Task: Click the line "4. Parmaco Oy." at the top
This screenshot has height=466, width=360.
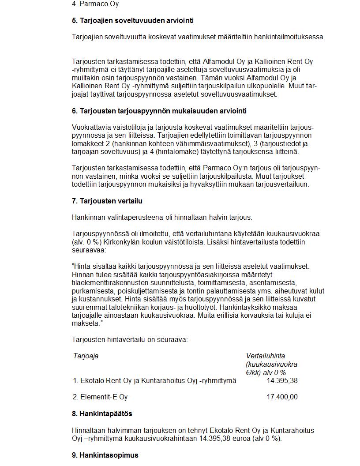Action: pyautogui.click(x=96, y=4)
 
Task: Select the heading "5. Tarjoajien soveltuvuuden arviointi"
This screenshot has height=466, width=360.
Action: pyautogui.click(x=132, y=20)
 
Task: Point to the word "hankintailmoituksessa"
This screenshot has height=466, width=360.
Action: pyautogui.click(x=289, y=37)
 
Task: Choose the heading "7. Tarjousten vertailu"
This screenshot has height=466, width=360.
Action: pyautogui.click(x=107, y=201)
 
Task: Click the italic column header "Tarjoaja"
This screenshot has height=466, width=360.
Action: pyautogui.click(x=86, y=356)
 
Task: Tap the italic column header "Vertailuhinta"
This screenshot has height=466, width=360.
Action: pyautogui.click(x=265, y=356)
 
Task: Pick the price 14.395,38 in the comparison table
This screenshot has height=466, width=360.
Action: pyautogui.click(x=282, y=380)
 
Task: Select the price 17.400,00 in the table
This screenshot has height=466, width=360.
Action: pyautogui.click(x=282, y=397)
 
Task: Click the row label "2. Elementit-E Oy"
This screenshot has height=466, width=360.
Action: pyautogui.click(x=100, y=397)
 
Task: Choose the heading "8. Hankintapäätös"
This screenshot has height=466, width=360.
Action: pyautogui.click(x=102, y=413)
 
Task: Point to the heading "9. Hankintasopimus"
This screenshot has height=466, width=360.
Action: pyautogui.click(x=105, y=455)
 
